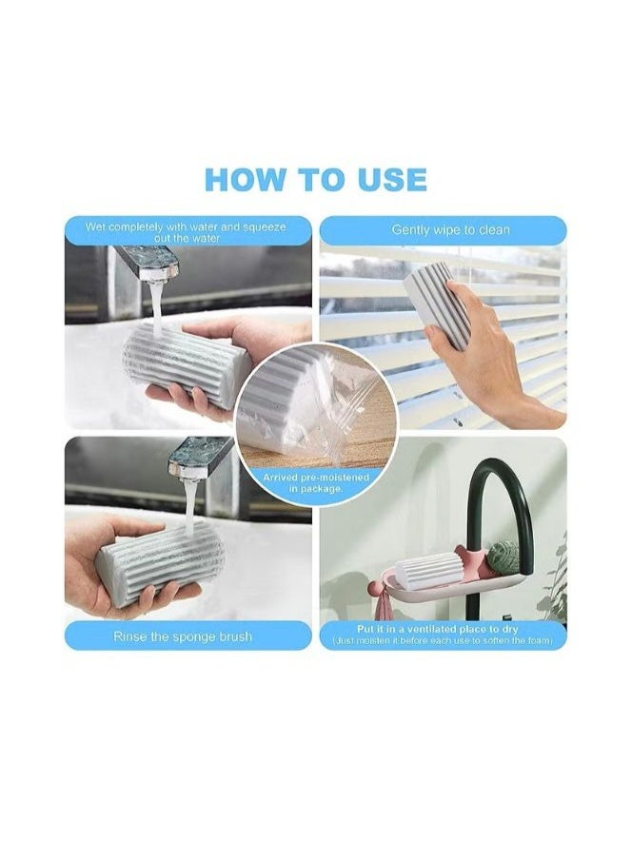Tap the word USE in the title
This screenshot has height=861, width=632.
coord(385,179)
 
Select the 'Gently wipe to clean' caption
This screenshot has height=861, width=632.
coord(450,230)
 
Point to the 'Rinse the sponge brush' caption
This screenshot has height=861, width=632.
coord(183,636)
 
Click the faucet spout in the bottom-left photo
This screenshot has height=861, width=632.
coord(199,455)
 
